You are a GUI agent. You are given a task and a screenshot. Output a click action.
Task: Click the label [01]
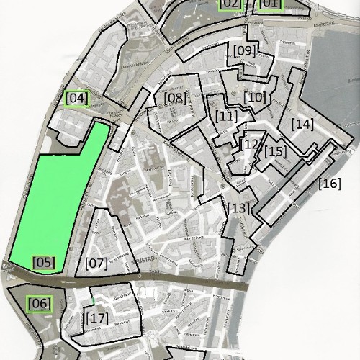click(269, 4)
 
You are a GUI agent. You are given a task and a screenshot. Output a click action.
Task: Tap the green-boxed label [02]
click(230, 4)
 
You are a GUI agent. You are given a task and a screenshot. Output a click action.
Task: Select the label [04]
click(76, 98)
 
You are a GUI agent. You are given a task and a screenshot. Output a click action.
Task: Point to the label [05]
click(43, 262)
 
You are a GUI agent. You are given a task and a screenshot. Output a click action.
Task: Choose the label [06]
click(40, 304)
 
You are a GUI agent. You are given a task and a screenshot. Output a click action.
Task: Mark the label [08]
click(174, 97)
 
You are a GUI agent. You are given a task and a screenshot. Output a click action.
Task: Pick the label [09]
click(244, 50)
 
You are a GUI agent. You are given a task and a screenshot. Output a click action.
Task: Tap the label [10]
click(255, 96)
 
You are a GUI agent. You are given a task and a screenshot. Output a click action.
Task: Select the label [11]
click(226, 115)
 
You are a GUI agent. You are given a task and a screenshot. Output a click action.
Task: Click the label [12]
click(251, 144)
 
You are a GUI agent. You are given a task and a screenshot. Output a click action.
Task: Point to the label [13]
click(238, 209)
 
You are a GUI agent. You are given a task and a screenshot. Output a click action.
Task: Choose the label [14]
click(303, 124)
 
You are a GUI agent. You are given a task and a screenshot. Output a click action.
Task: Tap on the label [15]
click(275, 151)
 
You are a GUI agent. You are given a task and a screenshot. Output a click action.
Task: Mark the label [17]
click(96, 317)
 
